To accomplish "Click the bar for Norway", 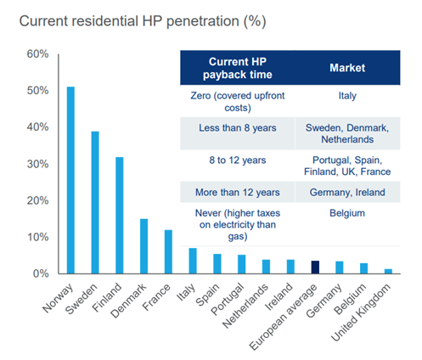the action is click(x=70, y=180).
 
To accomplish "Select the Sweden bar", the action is click(x=95, y=202).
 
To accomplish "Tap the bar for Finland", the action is click(x=120, y=216).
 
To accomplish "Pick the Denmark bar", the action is click(x=143, y=246).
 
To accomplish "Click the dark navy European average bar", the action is click(x=315, y=267).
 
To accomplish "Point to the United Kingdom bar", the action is click(x=388, y=272).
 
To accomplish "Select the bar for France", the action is click(x=168, y=252).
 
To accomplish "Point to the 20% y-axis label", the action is click(x=37, y=200).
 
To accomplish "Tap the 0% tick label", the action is click(x=41, y=273).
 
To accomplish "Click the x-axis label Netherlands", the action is click(x=245, y=306).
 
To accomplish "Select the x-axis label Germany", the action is click(x=324, y=301).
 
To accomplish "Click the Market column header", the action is click(x=347, y=68).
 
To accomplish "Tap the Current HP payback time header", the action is click(x=238, y=68).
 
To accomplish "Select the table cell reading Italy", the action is click(x=347, y=96).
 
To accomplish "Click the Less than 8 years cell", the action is click(x=238, y=128).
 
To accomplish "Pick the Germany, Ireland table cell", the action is click(x=347, y=193).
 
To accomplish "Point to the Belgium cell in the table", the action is click(x=347, y=213).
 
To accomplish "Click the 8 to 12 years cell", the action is click(x=238, y=160).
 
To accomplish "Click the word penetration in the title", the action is click(x=203, y=21).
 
